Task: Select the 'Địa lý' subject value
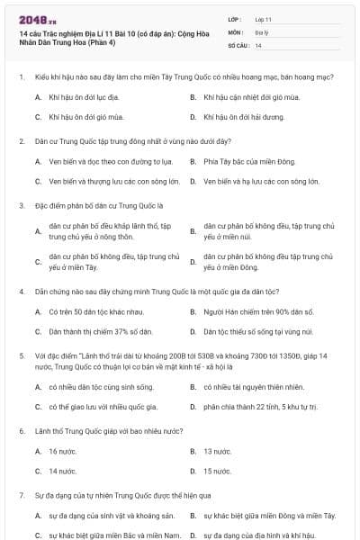click(262, 31)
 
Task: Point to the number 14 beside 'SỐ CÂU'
click(258, 45)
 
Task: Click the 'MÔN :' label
click(237, 31)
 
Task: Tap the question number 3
click(21, 205)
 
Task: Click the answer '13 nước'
click(217, 451)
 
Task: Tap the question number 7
click(21, 495)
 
